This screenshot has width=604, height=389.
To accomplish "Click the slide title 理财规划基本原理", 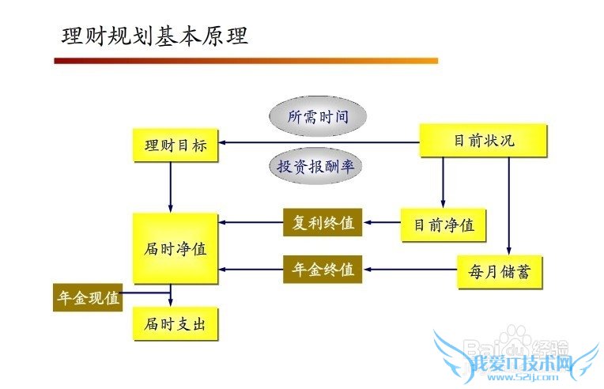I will (x=155, y=36).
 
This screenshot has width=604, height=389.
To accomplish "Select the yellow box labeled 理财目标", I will (x=176, y=145).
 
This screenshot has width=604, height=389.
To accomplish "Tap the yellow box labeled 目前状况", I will (x=483, y=141).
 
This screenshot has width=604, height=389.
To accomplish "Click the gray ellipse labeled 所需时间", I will (x=318, y=117).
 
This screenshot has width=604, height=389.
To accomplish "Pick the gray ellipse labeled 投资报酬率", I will (x=318, y=166).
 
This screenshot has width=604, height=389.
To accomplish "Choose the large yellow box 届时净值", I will (x=176, y=248).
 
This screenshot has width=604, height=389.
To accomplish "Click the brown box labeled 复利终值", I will (x=323, y=223).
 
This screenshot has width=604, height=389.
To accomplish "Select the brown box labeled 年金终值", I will (x=323, y=270).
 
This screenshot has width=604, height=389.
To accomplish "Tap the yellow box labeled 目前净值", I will (x=444, y=225).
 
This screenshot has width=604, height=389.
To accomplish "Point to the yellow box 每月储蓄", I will (x=500, y=272).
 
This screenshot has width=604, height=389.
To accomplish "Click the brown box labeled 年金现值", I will (x=88, y=297).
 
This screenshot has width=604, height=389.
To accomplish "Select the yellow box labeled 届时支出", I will (x=176, y=324).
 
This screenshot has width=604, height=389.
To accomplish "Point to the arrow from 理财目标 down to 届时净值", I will (x=172, y=187).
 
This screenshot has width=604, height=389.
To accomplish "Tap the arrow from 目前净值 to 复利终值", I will (x=381, y=223).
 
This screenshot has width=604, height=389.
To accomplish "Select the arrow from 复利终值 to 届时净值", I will (x=251, y=223).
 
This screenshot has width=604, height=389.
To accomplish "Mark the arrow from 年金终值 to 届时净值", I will (x=251, y=270).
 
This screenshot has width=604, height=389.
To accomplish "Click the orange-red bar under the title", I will (x=246, y=60).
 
